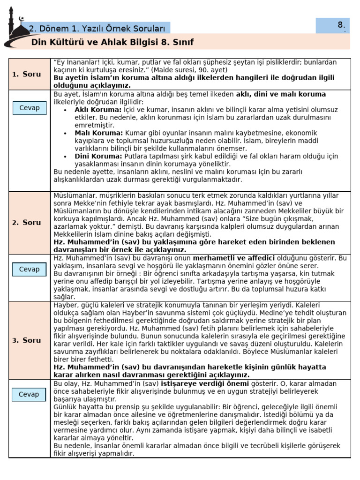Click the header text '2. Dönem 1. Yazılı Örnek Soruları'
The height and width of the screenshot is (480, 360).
tap(98, 28)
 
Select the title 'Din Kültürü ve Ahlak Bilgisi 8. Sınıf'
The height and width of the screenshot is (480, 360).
tap(112, 43)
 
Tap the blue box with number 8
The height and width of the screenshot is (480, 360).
tap(332, 25)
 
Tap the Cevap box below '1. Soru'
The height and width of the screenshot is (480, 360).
tap(29, 108)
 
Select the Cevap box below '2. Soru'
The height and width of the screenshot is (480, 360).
tap(29, 269)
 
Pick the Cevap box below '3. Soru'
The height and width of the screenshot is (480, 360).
tap(29, 394)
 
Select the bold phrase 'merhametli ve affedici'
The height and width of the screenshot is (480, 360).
tap(233, 258)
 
